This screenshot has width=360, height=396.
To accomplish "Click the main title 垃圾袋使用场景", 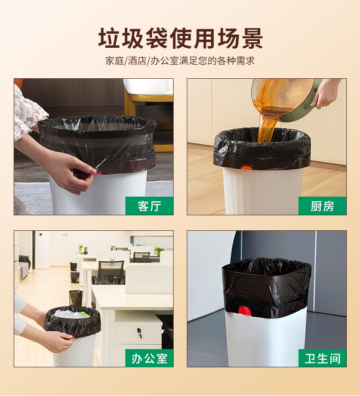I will [180, 38].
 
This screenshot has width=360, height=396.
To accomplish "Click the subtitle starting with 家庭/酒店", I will [180, 61].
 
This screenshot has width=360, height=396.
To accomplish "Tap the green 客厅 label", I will [149, 206].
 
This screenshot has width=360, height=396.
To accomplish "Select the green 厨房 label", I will [322, 206].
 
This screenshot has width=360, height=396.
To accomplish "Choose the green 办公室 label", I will [149, 358].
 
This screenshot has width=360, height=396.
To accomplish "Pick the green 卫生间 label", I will [322, 358].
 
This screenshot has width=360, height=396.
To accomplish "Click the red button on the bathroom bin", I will [244, 311].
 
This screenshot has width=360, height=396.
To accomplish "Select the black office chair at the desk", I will [110, 272].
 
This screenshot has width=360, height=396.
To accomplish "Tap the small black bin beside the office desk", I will [76, 298].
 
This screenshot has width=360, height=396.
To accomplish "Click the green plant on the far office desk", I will [159, 250].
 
